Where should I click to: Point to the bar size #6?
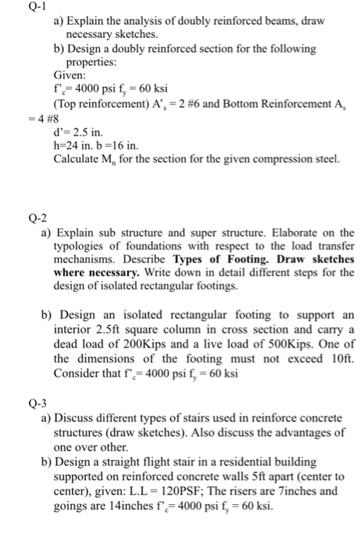(x=194, y=103)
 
